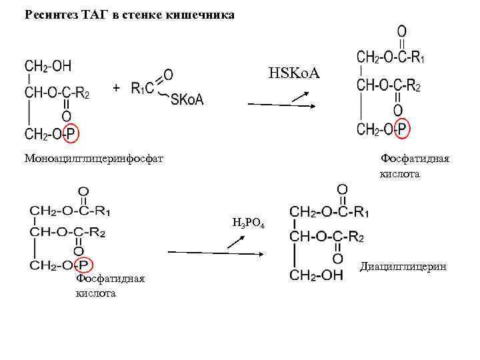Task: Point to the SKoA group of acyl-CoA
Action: pos(187,100)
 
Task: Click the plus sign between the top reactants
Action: pos(117,88)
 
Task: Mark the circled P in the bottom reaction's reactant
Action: pos(91,265)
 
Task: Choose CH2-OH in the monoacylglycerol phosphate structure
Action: pos(48,65)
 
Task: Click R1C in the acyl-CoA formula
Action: pos(143,87)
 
